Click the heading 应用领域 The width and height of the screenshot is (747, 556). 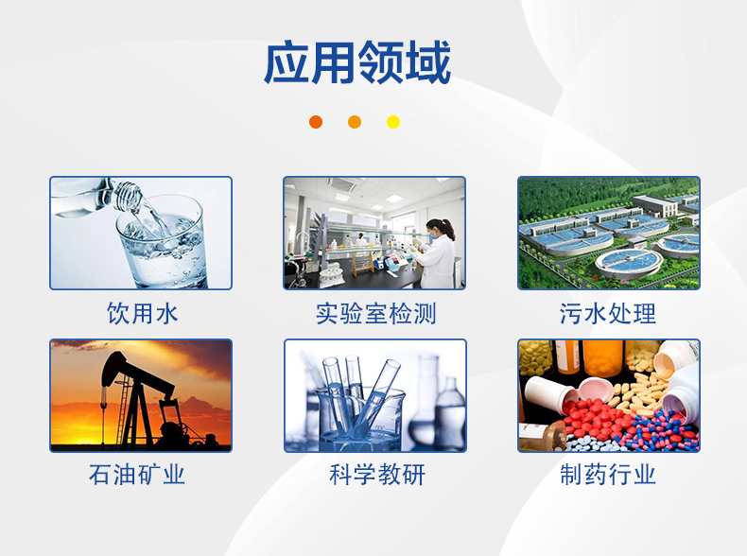[x=356, y=63]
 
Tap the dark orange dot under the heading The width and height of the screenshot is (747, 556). [x=316, y=122]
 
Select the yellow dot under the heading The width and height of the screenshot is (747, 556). [x=393, y=122]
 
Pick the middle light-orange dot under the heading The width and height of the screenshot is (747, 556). [x=355, y=122]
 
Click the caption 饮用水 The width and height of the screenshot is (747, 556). [x=142, y=313]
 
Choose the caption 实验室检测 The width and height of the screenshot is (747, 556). [x=375, y=313]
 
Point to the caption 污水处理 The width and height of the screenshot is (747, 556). [x=608, y=313]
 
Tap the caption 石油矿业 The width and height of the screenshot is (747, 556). [x=137, y=475]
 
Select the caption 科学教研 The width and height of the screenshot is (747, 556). [x=376, y=475]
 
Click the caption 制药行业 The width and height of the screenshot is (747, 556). [x=608, y=475]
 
